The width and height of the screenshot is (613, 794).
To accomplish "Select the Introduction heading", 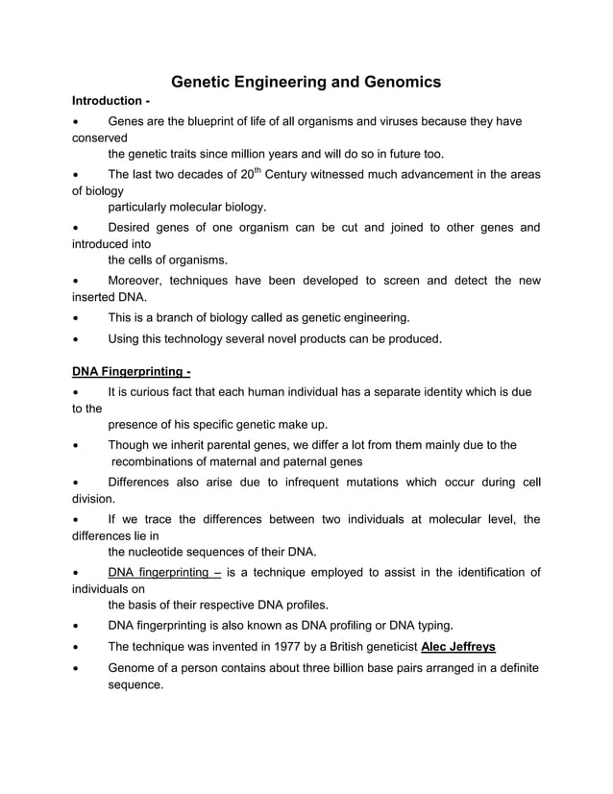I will tap(109, 101).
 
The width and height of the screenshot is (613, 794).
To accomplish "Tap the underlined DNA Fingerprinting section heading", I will tap(132, 371).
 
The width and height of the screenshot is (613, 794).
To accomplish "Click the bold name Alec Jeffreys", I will tap(458, 647).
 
